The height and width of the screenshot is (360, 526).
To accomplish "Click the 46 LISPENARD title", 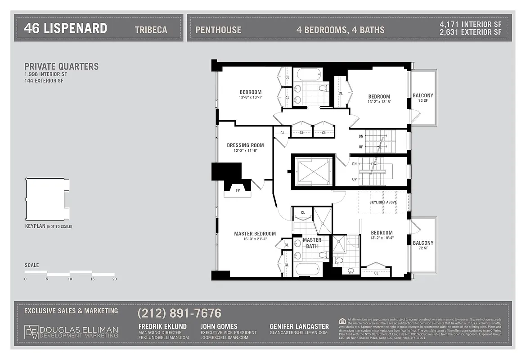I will (x=65, y=29).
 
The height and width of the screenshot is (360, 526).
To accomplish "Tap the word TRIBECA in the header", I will (x=151, y=30).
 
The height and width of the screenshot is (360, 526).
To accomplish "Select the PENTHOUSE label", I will (x=218, y=30).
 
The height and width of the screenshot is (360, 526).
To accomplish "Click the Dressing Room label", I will (x=245, y=145).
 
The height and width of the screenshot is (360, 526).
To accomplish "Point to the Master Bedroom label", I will (x=255, y=234).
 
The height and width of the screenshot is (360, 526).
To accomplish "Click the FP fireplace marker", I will (x=238, y=190).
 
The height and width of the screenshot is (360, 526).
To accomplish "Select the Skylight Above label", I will (x=383, y=202).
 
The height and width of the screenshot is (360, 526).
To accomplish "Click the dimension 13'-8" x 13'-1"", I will (x=250, y=97).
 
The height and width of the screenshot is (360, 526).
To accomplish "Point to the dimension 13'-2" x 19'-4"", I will (x=382, y=238).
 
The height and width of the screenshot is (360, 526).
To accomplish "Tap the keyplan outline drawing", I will (x=47, y=198).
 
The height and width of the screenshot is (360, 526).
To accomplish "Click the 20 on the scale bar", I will (x=115, y=279).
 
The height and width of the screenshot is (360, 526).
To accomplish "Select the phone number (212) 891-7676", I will (x=179, y=313).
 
